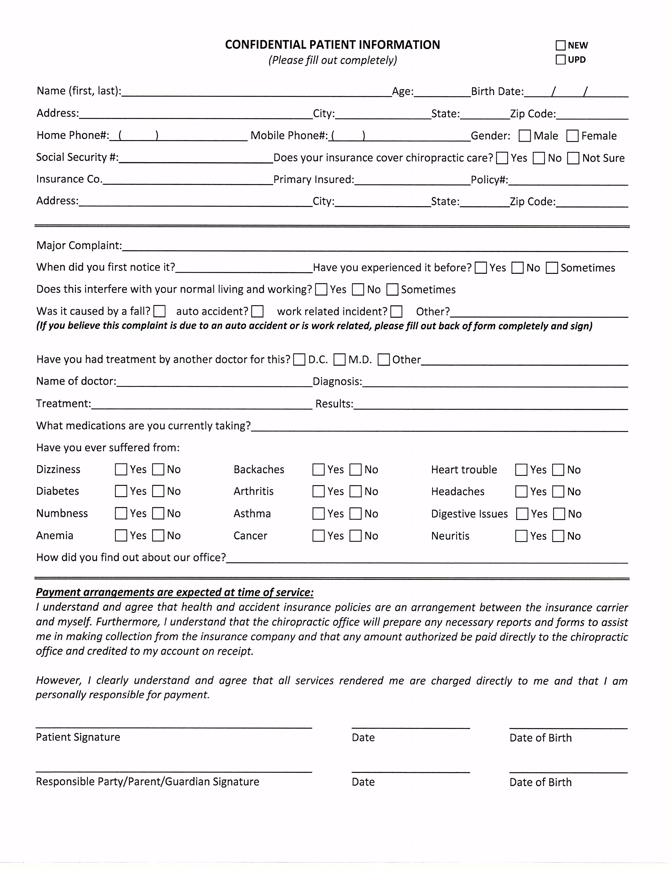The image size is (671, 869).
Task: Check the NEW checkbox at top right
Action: point(560,45)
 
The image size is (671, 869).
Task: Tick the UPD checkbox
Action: point(560,60)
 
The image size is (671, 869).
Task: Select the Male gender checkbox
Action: point(525,136)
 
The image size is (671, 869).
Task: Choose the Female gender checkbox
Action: point(572,136)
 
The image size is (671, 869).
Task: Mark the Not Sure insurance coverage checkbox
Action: point(573,158)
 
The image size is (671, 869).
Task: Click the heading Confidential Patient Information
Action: point(332,45)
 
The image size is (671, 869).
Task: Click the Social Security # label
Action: point(77,157)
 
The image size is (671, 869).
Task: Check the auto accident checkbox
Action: point(258,311)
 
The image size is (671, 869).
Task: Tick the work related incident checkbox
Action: point(396,312)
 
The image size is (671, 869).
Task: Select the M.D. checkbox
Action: point(339,360)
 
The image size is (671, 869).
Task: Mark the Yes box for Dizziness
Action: point(121,470)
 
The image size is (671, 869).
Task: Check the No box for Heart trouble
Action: point(558,470)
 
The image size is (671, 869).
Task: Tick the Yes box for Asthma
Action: point(318,514)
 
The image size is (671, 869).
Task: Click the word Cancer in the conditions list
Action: point(251,536)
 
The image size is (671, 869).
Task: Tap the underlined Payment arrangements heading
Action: point(175,592)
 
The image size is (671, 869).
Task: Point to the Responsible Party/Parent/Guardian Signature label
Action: point(147,782)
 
